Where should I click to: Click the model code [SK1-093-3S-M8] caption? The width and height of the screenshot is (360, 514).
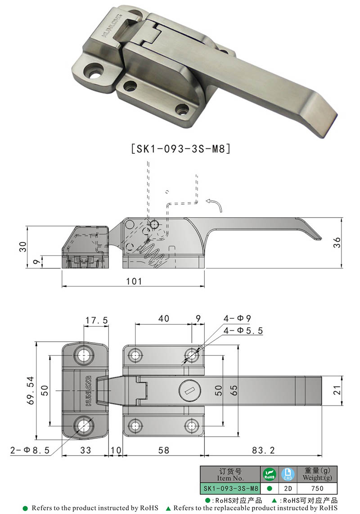pos(180,149)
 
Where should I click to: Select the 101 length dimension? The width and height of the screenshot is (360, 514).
pos(134,281)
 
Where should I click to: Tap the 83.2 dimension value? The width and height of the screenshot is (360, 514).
pos(264,450)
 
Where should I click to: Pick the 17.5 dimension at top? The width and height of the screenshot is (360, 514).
pos(96,320)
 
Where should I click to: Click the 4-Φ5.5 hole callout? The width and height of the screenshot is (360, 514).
pos(243,331)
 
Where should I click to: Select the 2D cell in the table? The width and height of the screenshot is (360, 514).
pos(288,488)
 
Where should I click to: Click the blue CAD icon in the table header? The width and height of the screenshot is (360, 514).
pos(288,474)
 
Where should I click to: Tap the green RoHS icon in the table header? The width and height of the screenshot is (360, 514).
pos(269,474)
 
